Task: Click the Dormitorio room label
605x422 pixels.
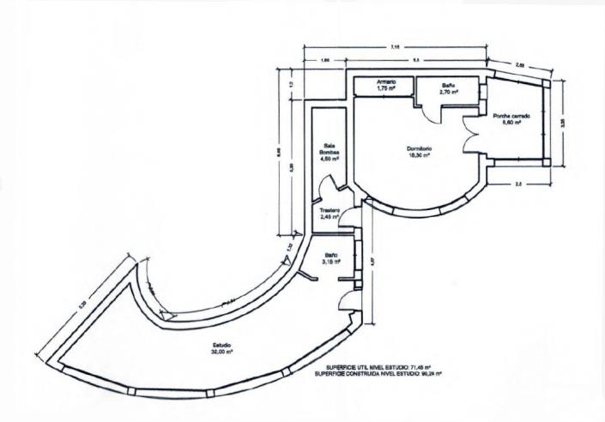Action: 419,149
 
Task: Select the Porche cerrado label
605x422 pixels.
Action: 511,116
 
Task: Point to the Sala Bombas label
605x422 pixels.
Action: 329,148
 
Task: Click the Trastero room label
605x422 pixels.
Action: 330,211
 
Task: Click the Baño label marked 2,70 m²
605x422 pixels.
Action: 449,85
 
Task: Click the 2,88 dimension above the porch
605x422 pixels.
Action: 522,64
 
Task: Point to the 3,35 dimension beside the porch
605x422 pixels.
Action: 562,123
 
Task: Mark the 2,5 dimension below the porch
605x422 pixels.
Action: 517,184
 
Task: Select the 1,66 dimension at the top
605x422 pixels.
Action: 326,61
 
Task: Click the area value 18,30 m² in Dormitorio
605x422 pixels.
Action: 419,157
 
